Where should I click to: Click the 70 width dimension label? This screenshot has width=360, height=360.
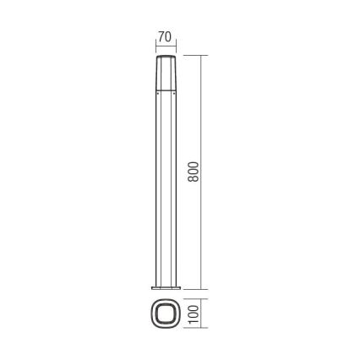point(165,37)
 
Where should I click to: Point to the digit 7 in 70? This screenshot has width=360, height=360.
point(161,37)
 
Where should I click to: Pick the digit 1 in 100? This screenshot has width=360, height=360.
point(193,321)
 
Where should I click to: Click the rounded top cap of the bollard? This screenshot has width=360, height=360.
point(165,57)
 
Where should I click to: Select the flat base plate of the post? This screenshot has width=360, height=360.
point(165,287)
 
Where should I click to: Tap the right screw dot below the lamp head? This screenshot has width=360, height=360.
point(174,93)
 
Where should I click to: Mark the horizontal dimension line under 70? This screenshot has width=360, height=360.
point(165,46)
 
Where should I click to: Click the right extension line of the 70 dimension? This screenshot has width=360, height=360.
point(177,44)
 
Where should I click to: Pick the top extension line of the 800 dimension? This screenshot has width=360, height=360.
point(194,56)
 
